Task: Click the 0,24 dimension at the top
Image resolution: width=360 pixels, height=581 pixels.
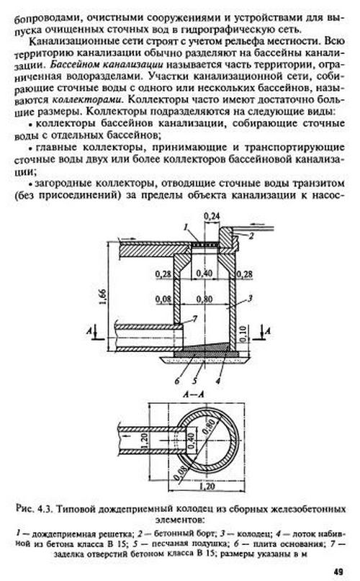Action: click(212, 217)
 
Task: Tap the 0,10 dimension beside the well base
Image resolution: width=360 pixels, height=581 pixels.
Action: click(243, 333)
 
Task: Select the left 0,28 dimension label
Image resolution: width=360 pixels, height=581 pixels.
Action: click(163, 274)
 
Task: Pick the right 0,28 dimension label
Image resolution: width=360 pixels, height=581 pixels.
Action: click(244, 274)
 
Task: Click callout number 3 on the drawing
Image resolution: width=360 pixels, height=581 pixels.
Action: click(251, 297)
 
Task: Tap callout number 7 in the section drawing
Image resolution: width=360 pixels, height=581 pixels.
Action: click(195, 318)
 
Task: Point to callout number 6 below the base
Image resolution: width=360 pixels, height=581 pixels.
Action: click(177, 381)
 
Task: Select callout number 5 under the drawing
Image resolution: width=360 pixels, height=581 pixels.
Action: click(194, 381)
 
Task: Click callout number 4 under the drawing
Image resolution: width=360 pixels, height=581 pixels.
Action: click(218, 381)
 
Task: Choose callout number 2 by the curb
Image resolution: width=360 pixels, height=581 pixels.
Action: click(251, 235)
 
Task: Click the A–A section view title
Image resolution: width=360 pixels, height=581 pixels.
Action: click(194, 395)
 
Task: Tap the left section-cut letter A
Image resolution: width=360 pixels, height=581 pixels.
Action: click(89, 330)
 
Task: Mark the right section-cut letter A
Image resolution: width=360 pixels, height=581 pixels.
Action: click(268, 330)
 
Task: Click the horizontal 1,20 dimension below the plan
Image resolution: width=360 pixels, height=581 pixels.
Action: click(207, 485)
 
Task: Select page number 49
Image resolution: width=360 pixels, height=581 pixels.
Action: click(338, 572)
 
